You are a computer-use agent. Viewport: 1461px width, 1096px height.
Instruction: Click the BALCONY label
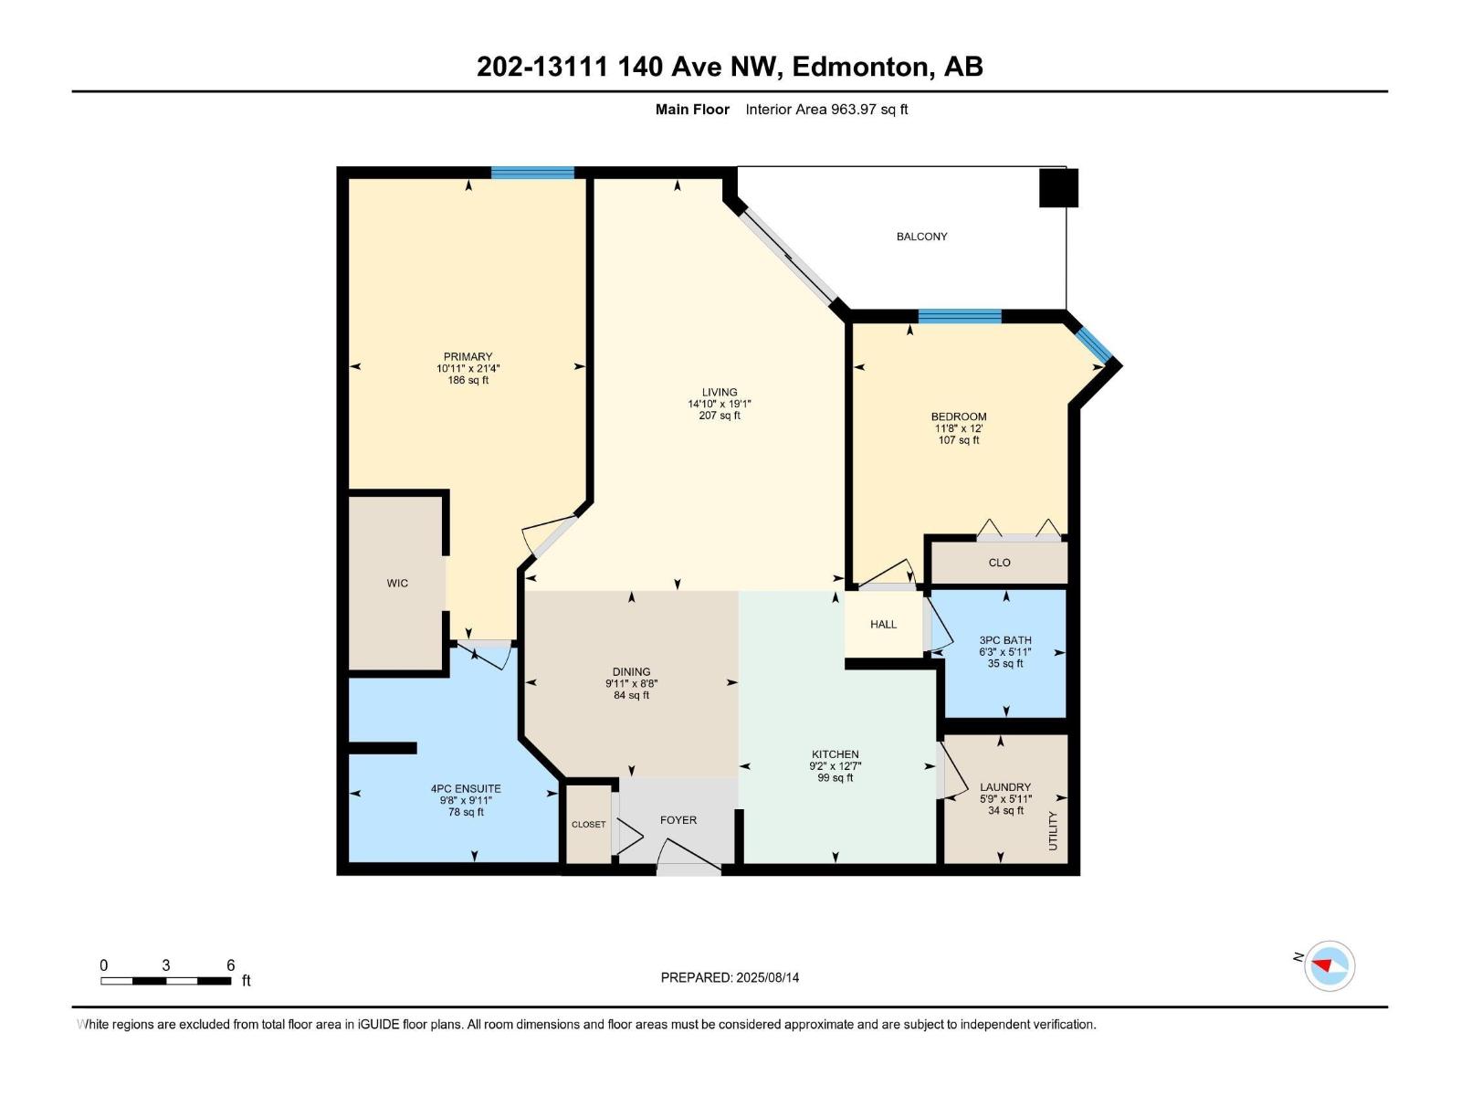pos(921,237)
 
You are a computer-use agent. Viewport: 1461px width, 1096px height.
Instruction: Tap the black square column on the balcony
pos(1059,188)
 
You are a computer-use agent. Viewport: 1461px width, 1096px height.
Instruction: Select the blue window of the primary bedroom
pos(532,173)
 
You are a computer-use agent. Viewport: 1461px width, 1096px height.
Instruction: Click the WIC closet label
pos(397,583)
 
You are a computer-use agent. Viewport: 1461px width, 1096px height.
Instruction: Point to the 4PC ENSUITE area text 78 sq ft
pos(466,812)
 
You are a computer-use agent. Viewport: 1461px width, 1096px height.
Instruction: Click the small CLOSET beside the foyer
pos(588,824)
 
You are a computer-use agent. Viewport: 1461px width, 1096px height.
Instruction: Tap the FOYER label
pos(678,820)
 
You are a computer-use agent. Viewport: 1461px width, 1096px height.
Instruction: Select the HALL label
pos(883,625)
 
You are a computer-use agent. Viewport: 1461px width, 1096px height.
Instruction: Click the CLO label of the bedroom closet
pos(999,563)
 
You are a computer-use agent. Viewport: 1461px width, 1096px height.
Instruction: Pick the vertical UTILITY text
pos(1052,830)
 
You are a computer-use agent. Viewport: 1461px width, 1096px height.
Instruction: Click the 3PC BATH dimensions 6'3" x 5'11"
pos(1004,652)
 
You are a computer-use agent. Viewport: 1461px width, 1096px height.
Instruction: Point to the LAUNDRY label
pos(1004,786)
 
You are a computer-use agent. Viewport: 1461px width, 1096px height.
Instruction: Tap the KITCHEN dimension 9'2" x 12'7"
pos(835,766)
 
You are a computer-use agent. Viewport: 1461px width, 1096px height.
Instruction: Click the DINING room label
pos(631,671)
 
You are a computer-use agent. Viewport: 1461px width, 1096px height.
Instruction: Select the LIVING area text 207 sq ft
pos(720,416)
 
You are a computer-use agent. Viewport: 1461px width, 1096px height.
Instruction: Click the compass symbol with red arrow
pos(1329,965)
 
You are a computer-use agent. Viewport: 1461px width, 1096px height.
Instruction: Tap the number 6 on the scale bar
pos(230,965)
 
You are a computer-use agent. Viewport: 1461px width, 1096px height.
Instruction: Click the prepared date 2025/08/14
pos(767,977)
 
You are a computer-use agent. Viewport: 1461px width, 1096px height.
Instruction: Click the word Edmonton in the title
pos(860,67)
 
